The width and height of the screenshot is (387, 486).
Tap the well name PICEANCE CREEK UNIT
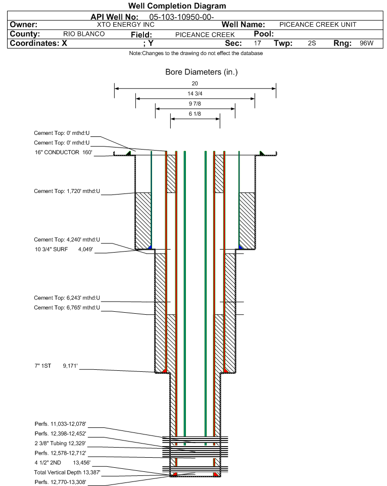point(318,25)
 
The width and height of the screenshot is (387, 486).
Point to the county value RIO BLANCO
point(84,34)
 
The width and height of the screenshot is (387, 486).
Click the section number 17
point(258,43)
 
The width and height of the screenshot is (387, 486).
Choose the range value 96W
point(366,43)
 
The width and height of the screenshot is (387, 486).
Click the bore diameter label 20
point(195,83)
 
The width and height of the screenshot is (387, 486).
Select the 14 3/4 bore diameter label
point(195,93)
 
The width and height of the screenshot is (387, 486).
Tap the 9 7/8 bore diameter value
point(195,104)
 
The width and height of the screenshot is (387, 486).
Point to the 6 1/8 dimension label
point(195,114)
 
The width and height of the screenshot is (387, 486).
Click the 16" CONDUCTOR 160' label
point(64,152)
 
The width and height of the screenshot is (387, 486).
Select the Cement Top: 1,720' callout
point(67,191)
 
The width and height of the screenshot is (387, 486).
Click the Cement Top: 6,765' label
point(67,308)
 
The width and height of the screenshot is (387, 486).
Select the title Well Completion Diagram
point(177,6)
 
